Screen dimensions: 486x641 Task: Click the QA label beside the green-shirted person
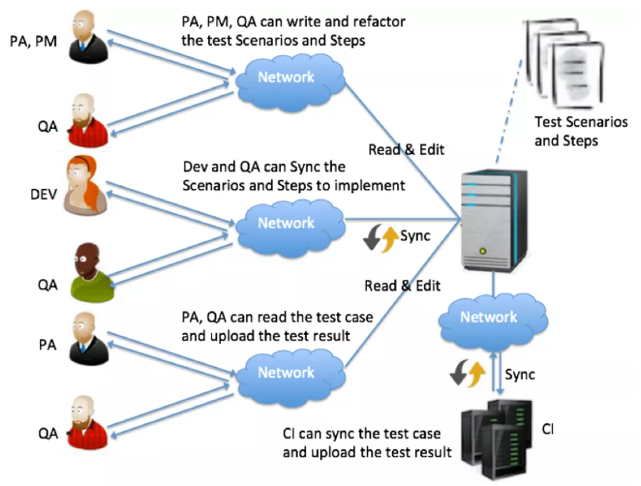coord(47,284)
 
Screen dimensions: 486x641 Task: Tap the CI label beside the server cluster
coord(548,429)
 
